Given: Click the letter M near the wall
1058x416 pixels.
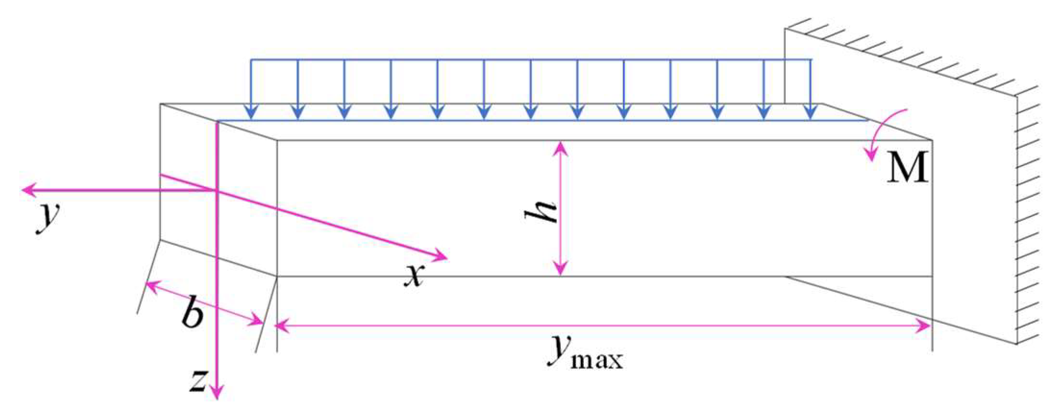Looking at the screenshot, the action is point(907,167).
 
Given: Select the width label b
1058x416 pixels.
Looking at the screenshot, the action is point(192,315).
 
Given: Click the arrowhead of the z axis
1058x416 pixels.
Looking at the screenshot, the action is point(217,392).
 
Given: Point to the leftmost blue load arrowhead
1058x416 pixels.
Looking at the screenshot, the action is point(251,112).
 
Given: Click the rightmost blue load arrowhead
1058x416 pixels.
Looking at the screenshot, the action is point(811,112).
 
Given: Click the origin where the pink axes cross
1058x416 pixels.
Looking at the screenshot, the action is point(217,191).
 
